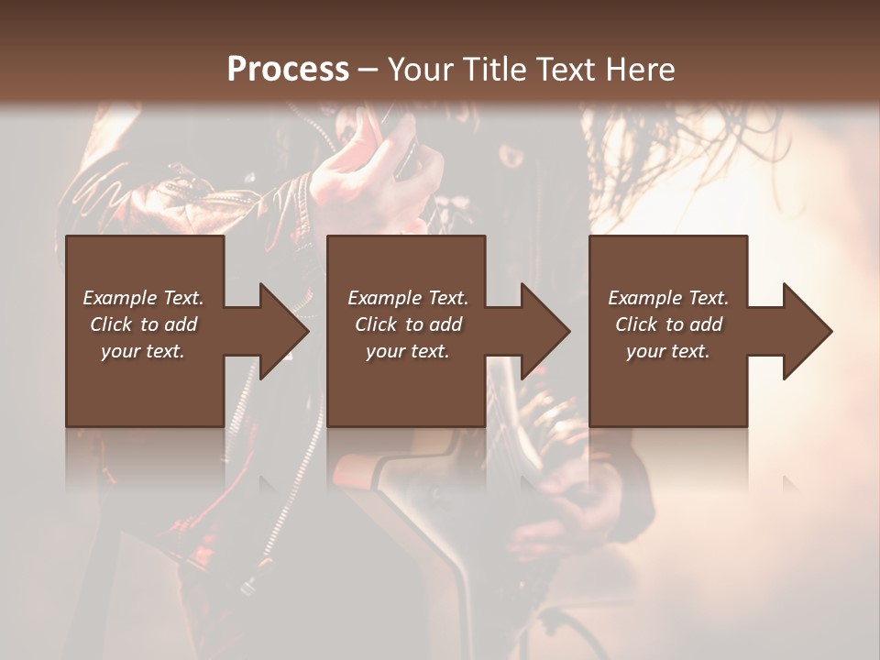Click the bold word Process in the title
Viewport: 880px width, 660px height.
coord(288,70)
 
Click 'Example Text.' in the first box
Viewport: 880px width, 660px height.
coord(143,298)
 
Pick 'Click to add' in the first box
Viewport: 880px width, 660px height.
coord(143,324)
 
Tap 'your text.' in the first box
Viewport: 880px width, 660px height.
coord(143,351)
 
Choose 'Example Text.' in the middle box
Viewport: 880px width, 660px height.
coord(408,298)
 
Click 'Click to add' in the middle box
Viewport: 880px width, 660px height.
coord(408,324)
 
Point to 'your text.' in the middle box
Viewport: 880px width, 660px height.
coord(408,351)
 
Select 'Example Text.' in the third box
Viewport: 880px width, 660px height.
coord(668,298)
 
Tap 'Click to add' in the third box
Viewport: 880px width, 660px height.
coord(668,324)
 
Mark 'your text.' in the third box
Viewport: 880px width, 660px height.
coord(668,351)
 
